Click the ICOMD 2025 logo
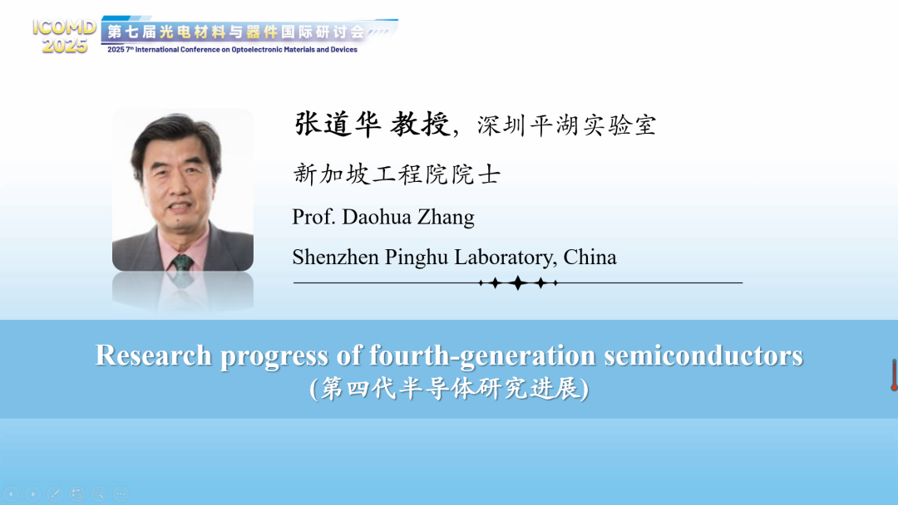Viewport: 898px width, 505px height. pos(64,36)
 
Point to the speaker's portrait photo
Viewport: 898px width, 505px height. pos(183,190)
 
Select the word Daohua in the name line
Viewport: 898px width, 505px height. pos(377,218)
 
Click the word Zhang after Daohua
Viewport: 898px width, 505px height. pos(446,218)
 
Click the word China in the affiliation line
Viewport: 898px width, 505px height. pos(590,257)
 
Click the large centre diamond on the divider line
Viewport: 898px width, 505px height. pos(518,282)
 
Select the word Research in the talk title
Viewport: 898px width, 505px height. pos(154,355)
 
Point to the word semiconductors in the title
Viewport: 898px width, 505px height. pos(703,355)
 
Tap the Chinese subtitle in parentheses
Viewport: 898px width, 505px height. pos(449,389)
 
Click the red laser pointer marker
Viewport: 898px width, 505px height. pos(893,375)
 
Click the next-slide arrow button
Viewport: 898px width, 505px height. pos(32,493)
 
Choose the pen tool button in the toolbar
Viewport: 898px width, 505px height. pos(54,493)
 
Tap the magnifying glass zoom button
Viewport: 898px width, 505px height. pos(98,493)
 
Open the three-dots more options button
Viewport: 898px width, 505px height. pos(121,493)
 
